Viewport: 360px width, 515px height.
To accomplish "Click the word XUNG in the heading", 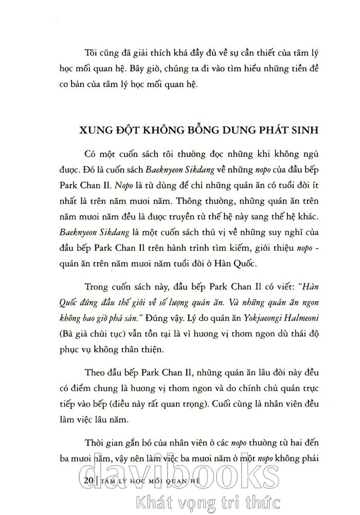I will coord(96,130).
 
